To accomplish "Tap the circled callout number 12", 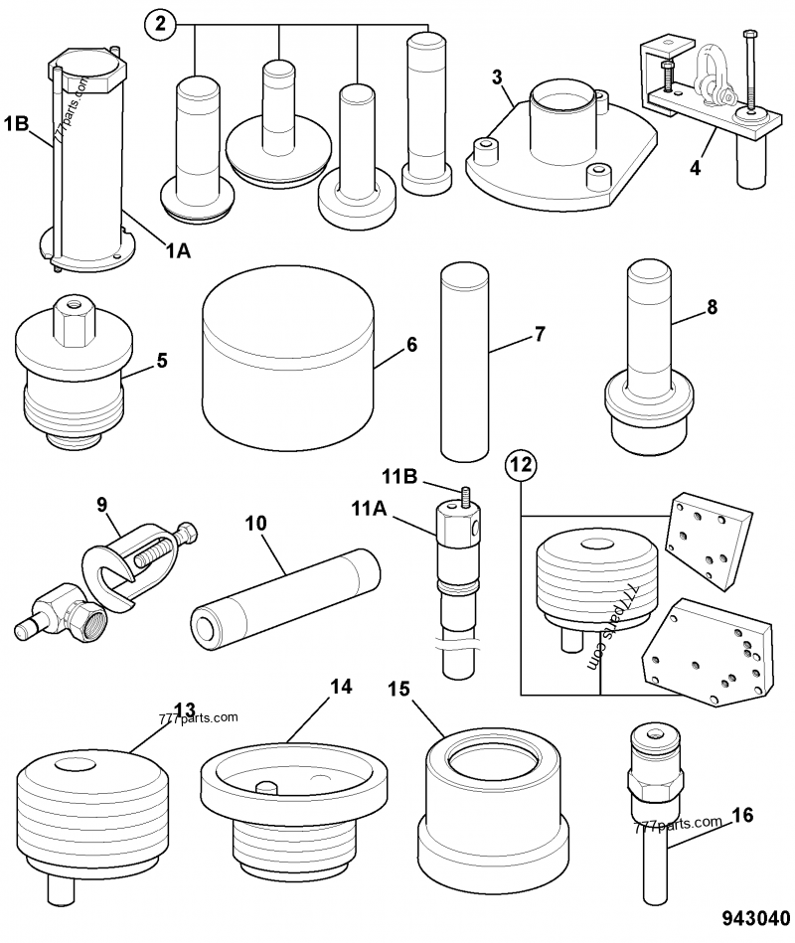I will click(x=520, y=462).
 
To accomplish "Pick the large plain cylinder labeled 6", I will click(x=288, y=358).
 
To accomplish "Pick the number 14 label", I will click(x=341, y=687).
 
